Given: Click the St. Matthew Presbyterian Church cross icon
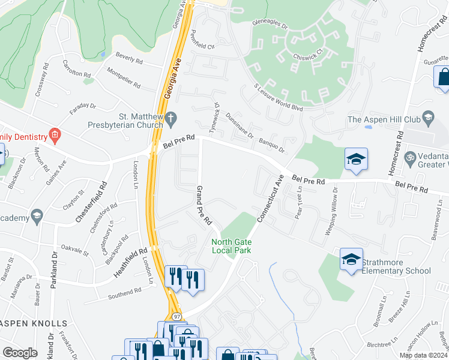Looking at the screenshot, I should (x=170, y=117).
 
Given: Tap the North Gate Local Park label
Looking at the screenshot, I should (x=231, y=245).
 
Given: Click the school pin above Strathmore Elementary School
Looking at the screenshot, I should (x=351, y=259).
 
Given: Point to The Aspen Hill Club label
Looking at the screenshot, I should (x=384, y=120).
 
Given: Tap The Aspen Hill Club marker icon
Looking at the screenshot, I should (x=427, y=118).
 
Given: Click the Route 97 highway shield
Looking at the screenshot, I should (x=176, y=316).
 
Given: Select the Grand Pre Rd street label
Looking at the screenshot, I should (x=205, y=205).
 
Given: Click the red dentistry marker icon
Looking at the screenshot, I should (x=55, y=133).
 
